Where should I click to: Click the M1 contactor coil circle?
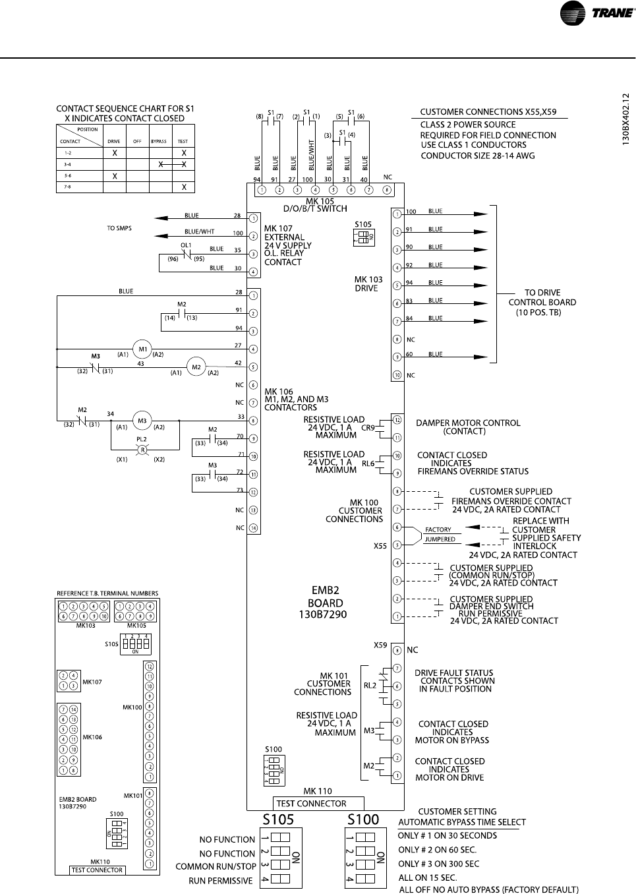click(x=142, y=349)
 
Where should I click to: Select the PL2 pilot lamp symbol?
click(x=141, y=449)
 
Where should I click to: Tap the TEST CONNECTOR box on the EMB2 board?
click(x=319, y=803)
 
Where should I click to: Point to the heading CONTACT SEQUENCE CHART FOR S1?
click(x=125, y=109)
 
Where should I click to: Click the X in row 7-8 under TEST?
click(x=184, y=187)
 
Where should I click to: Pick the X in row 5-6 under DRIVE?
click(x=115, y=176)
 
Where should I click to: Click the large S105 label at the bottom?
click(x=279, y=819)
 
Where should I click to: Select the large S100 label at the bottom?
click(x=363, y=819)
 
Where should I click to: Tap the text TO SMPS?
click(x=119, y=228)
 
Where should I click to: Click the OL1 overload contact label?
click(x=186, y=245)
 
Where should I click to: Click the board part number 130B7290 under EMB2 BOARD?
click(x=323, y=614)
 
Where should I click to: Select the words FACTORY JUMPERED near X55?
click(x=439, y=535)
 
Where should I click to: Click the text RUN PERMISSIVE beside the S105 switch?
click(x=221, y=881)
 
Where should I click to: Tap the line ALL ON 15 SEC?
click(x=428, y=878)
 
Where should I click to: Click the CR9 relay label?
click(x=368, y=427)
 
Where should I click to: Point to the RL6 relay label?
click(x=368, y=463)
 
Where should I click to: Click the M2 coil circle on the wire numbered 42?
click(x=195, y=367)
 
